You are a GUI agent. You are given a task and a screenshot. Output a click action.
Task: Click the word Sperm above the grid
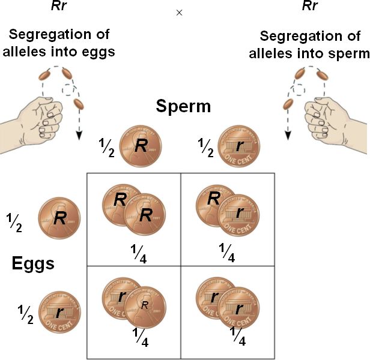coord(183,107)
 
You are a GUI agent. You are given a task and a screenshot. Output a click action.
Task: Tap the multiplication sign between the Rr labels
coord(178,13)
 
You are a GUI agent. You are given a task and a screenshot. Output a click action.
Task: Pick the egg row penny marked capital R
coord(59,218)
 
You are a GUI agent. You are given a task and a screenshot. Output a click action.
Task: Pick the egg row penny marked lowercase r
coord(59,311)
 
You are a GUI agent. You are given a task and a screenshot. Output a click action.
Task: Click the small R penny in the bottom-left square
coord(145,306)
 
